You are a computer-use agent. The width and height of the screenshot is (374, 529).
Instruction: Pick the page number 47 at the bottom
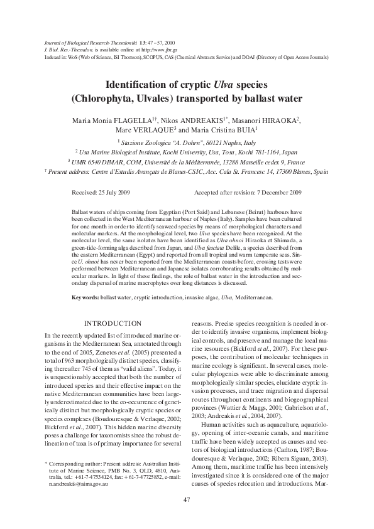[x=187, y=499]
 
